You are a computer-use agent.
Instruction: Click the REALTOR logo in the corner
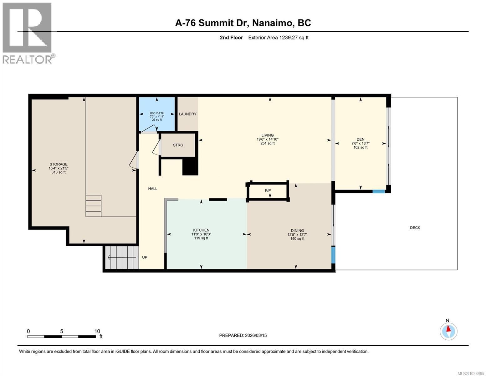(28, 33)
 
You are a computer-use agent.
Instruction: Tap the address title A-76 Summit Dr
(243, 23)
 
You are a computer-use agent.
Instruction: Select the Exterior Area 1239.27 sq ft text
(278, 38)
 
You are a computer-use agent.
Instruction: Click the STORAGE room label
(59, 164)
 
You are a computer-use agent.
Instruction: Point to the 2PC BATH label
(157, 113)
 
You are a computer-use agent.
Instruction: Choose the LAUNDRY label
(187, 114)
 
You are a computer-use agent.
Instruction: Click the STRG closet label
(178, 145)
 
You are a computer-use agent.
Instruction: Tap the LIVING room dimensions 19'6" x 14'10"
(268, 139)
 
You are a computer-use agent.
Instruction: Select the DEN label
(361, 139)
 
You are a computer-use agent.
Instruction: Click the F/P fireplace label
(268, 190)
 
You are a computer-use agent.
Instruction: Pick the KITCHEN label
(201, 230)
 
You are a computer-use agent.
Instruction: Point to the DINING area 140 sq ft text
(297, 239)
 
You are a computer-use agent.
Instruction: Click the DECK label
(415, 228)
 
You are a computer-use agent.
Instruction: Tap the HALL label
(153, 189)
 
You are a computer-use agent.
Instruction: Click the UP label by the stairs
(145, 257)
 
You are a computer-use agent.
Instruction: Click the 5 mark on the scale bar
(62, 331)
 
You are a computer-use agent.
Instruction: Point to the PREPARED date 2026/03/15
(243, 335)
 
